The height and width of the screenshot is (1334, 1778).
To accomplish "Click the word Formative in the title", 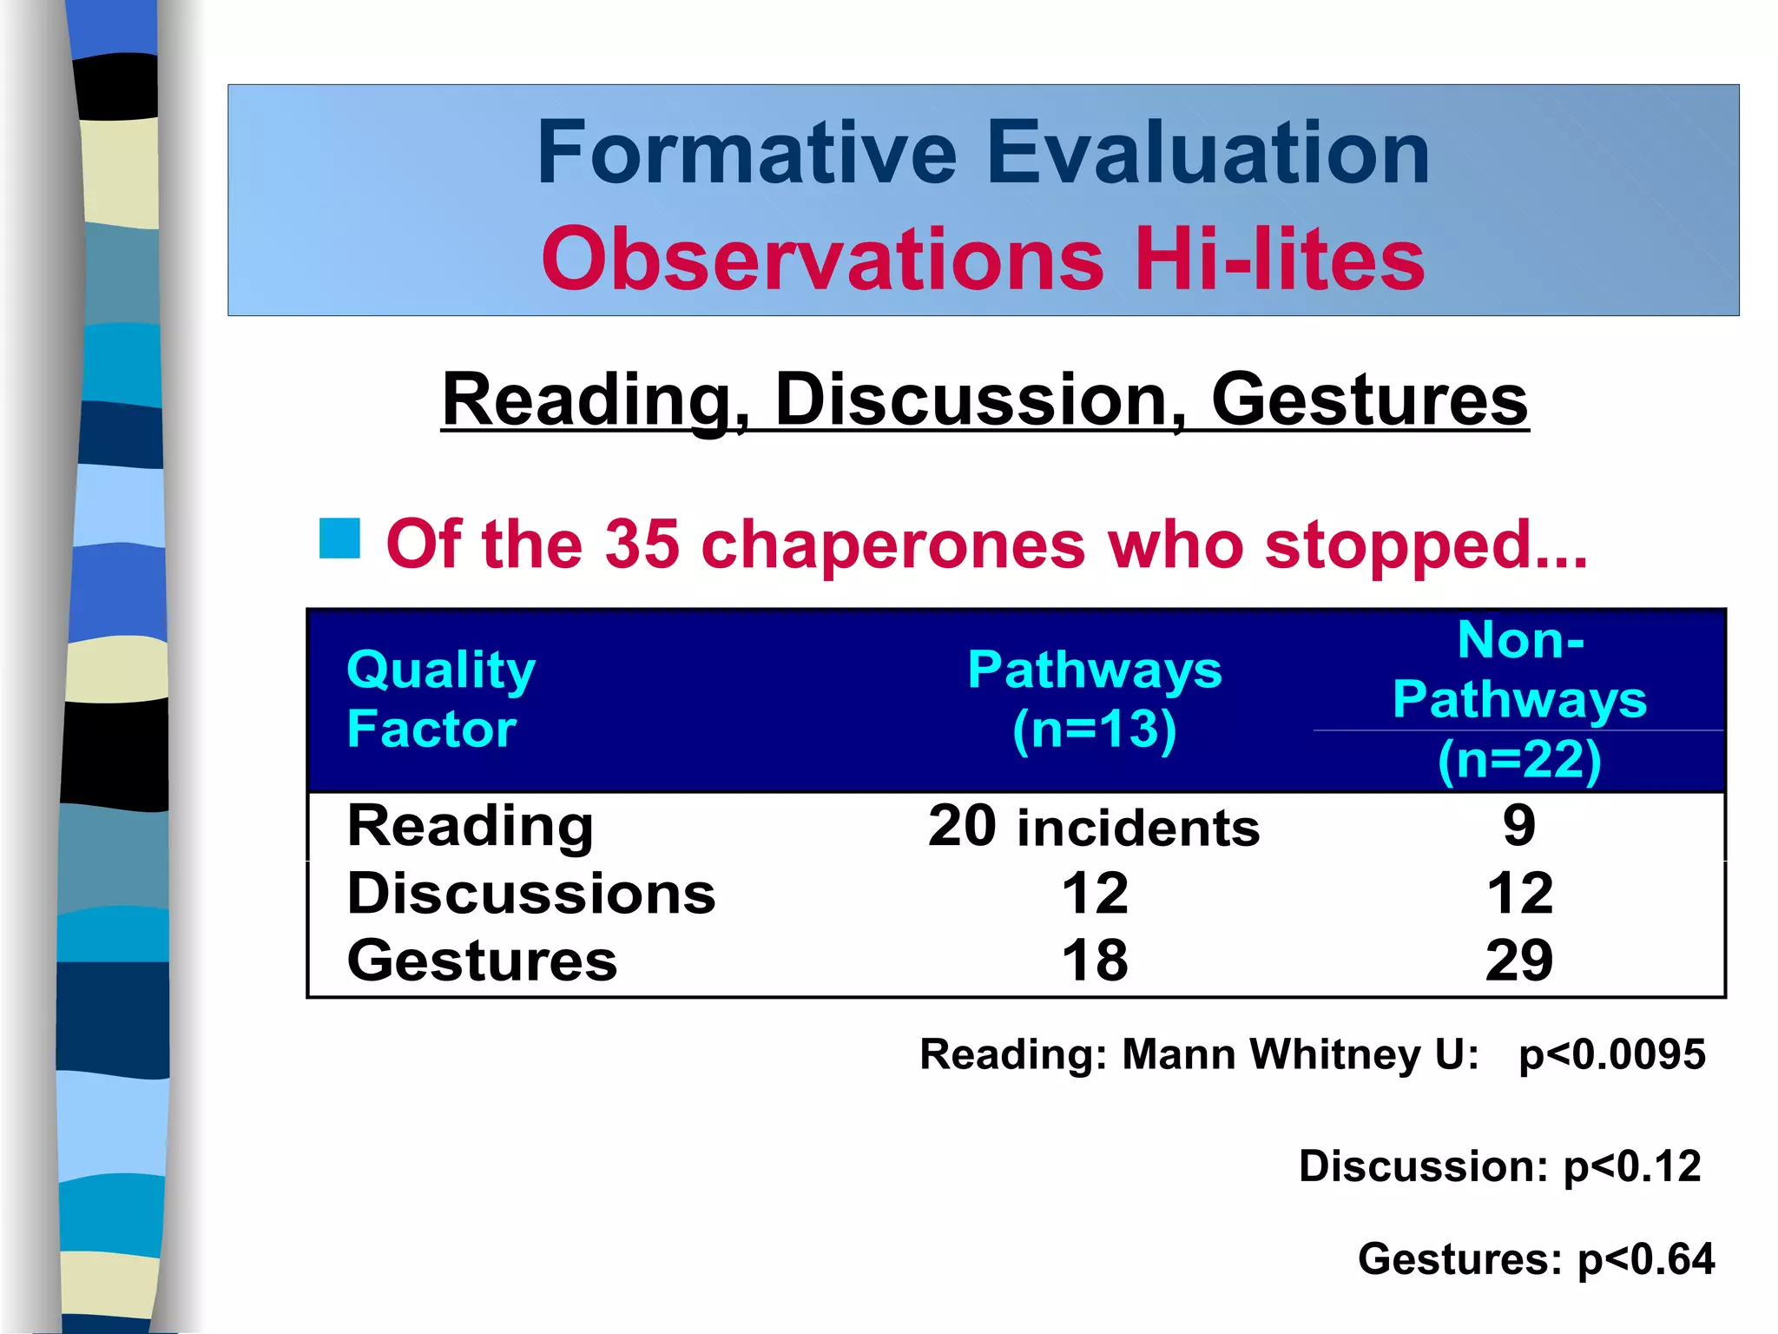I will click(747, 154).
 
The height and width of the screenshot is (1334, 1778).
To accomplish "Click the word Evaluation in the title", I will click(1208, 154).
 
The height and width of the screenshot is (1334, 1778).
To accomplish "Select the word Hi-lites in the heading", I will click(1280, 259).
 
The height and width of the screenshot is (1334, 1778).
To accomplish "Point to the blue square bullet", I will click(339, 538).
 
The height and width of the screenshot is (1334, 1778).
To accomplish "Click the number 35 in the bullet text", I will click(642, 545).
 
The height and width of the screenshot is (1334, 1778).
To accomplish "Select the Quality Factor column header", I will click(441, 698).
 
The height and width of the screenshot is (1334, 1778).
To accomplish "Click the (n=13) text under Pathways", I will click(1094, 729).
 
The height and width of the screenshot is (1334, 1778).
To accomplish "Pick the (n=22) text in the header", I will click(1519, 760).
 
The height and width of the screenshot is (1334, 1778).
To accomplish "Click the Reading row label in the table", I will click(470, 825).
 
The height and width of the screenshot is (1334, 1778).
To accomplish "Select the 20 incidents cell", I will click(1094, 826).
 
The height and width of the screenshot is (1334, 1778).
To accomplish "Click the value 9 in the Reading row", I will click(1519, 825).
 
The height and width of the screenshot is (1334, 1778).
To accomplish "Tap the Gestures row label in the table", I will click(482, 961).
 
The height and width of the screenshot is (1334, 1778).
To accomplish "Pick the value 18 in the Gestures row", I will click(1095, 961).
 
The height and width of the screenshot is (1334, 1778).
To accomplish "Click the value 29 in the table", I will click(1519, 961).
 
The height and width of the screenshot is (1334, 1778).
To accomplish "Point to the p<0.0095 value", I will click(1611, 1054).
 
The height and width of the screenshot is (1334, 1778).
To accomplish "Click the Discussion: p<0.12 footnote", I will click(1499, 1166).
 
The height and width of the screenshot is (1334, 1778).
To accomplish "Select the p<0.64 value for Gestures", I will click(1645, 1258).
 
